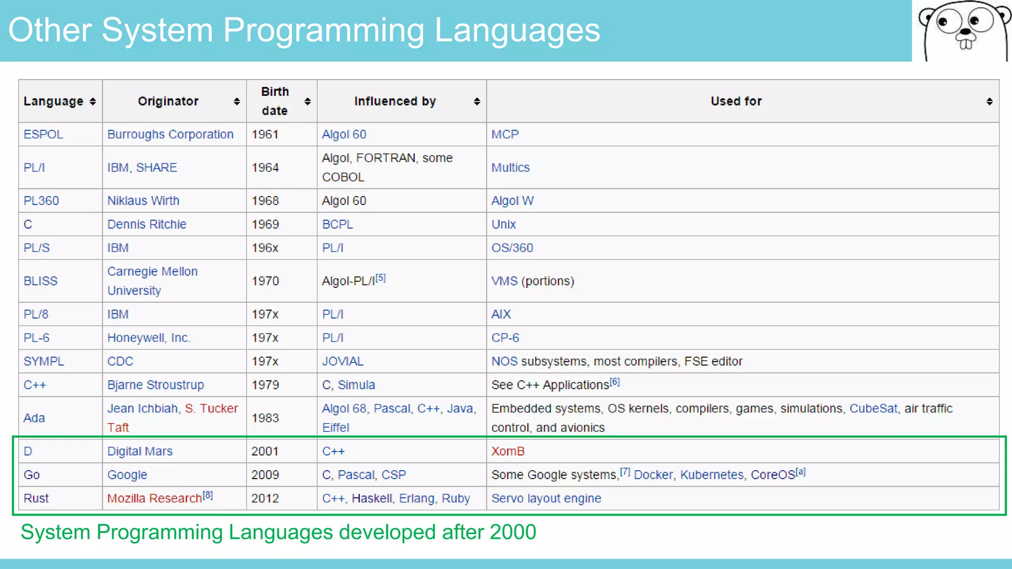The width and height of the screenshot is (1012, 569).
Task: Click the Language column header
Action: (x=53, y=101)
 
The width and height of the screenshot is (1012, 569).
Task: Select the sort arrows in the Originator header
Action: (x=237, y=101)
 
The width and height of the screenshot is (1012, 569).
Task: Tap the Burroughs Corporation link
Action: (x=170, y=134)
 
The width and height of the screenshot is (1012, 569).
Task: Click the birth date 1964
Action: (x=265, y=167)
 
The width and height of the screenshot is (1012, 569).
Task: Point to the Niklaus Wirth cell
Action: (x=143, y=201)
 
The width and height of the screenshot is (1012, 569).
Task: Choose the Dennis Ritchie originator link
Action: (x=147, y=224)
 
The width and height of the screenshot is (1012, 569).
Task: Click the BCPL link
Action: (x=337, y=224)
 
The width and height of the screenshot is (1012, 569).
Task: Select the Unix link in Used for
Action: (x=504, y=224)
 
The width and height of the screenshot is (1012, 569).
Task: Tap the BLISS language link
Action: (x=41, y=281)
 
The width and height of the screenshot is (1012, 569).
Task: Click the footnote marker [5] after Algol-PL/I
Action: (x=380, y=278)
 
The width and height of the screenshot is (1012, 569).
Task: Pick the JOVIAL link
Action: (x=343, y=361)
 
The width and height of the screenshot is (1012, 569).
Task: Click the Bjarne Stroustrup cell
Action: (x=156, y=385)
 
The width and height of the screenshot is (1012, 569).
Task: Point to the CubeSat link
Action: (x=873, y=408)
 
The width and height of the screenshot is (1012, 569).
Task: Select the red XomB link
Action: (x=507, y=451)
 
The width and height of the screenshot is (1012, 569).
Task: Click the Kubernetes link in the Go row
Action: (x=712, y=475)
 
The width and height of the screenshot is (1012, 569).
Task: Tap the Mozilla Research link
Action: (x=154, y=498)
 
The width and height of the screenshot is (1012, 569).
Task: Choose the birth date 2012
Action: (x=265, y=498)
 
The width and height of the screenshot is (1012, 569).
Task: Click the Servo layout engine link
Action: (x=546, y=498)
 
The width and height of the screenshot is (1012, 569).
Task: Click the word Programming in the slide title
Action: (x=323, y=31)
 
